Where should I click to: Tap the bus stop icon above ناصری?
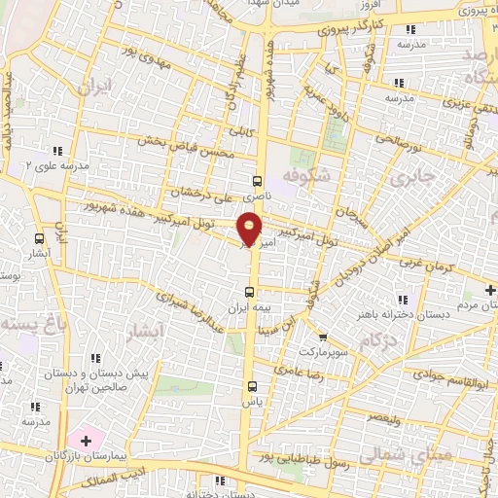click(x=257, y=180)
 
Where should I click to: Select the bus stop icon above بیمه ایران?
click(x=251, y=291)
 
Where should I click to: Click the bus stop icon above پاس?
click(x=251, y=385)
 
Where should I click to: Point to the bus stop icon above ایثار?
click(x=39, y=237)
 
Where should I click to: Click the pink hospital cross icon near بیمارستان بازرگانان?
click(x=87, y=440)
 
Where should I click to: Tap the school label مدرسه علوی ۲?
click(x=56, y=166)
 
